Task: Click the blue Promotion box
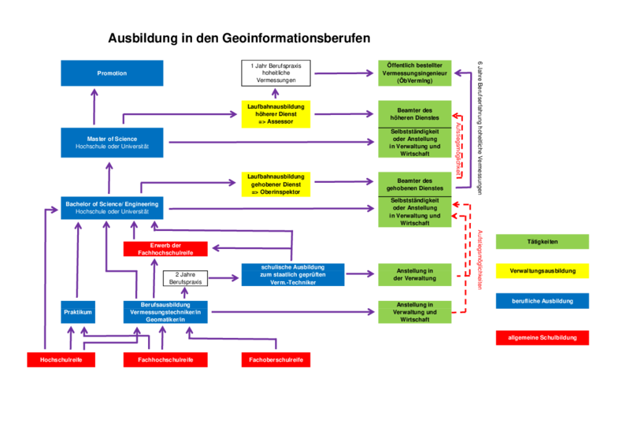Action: [112, 73]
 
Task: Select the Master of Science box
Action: [112, 143]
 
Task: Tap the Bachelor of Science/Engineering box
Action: [112, 208]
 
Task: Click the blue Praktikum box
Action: [78, 313]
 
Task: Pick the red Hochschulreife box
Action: [61, 360]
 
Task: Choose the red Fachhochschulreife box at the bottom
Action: [165, 360]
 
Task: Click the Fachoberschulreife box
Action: [276, 360]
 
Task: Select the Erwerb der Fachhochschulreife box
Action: [165, 249]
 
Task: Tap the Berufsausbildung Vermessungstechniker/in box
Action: [165, 313]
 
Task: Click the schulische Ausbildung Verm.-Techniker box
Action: [293, 274]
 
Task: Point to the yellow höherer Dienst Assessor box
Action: [276, 113]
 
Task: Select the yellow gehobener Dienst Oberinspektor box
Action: [276, 184]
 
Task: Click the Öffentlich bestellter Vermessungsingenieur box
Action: [414, 73]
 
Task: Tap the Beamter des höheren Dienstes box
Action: [414, 113]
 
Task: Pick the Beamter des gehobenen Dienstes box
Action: [414, 184]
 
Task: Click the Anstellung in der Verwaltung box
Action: [414, 274]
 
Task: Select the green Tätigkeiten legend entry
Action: [542, 241]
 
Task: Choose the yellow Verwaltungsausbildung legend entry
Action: [542, 271]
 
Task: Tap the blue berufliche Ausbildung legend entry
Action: [542, 301]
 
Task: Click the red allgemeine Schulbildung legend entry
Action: [542, 338]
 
